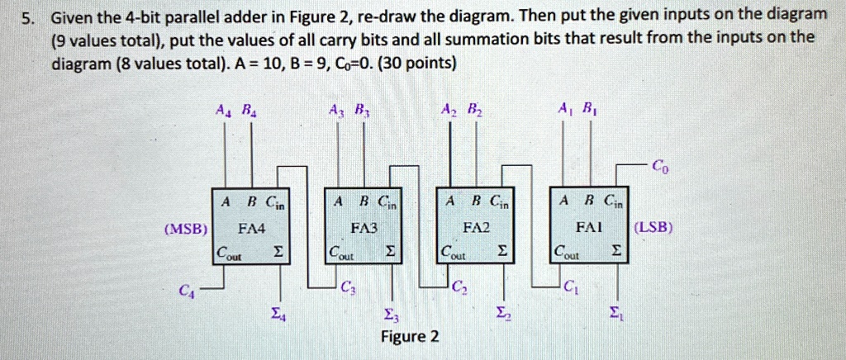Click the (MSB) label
(x=186, y=228)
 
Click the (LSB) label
(x=654, y=227)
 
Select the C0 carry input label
(x=658, y=166)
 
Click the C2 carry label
(x=460, y=288)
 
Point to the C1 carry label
(x=570, y=288)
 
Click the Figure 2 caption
(x=410, y=337)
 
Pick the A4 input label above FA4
(x=222, y=109)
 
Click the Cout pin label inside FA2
(x=452, y=251)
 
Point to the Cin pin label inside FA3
(x=387, y=201)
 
